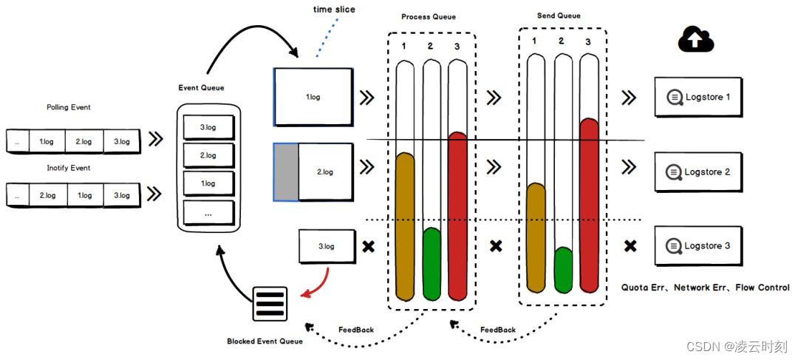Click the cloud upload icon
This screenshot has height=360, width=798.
696,39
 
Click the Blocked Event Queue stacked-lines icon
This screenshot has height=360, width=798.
270,303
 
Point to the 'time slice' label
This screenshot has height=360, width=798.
333,10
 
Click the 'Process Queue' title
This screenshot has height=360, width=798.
429,17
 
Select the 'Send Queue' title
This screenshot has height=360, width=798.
559,16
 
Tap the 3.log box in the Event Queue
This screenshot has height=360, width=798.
208,128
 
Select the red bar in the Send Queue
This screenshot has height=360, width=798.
589,203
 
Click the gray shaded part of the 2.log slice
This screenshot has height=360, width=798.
286,172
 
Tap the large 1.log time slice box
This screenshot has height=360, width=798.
314,96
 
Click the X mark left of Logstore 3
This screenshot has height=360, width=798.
630,245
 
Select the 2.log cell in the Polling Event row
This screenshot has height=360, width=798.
83,140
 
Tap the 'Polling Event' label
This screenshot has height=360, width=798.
68,108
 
